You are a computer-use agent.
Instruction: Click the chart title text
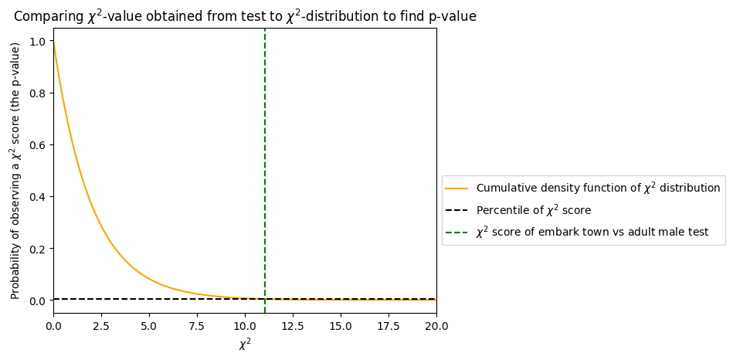(245, 15)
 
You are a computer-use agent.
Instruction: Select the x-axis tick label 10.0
(245, 326)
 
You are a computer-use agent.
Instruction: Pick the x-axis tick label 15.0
(341, 326)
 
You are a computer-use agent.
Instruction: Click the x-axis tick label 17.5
(389, 326)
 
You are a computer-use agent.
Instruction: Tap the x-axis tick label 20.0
(436, 326)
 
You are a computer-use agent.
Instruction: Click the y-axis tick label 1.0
(37, 41)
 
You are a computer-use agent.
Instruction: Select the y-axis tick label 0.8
(37, 93)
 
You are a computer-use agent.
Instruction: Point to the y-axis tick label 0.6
(37, 144)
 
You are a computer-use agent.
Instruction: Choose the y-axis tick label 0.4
(37, 196)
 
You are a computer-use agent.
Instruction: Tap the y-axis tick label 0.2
(37, 248)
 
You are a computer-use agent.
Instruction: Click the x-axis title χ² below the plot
(245, 344)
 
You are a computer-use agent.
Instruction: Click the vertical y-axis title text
(15, 170)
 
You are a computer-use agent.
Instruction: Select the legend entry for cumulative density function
(598, 188)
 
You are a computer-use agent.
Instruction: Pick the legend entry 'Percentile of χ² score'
(534, 210)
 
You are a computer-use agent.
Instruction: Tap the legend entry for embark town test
(592, 232)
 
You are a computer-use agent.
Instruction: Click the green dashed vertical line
(265, 155)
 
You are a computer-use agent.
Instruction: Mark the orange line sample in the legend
(457, 188)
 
